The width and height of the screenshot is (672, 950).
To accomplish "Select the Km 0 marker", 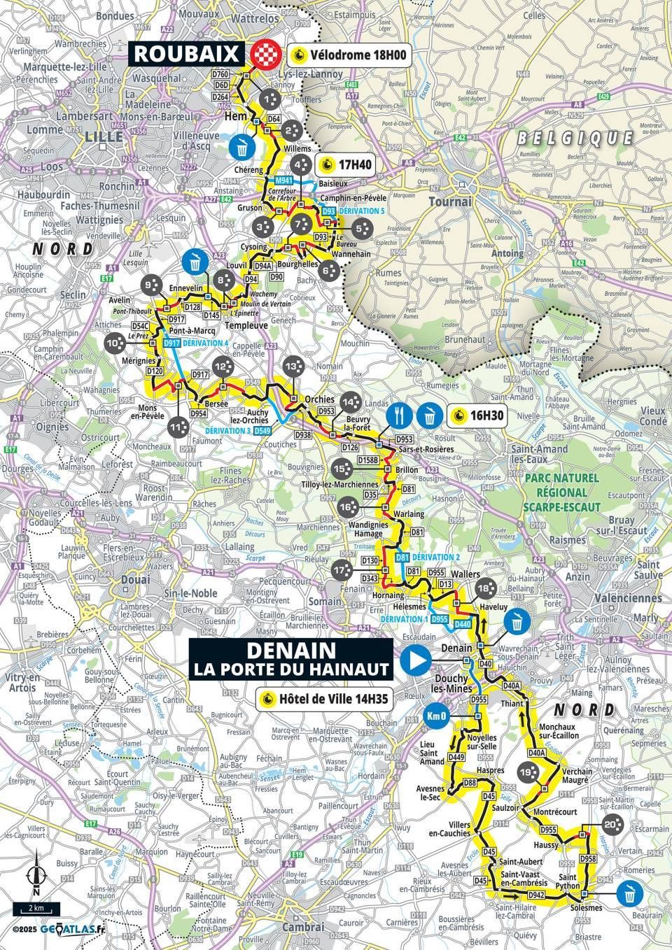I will [435, 716].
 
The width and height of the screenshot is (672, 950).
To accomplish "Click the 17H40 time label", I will [348, 166].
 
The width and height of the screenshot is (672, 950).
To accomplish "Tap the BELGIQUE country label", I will [575, 138].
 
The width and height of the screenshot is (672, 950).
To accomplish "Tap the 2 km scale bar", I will [36, 908].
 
